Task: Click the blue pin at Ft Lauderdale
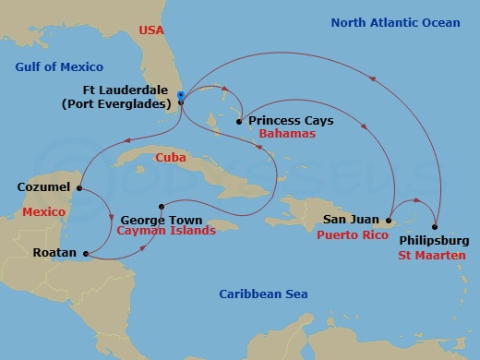(x=181, y=96)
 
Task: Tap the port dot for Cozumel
(x=79, y=188)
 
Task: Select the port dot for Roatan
(x=85, y=253)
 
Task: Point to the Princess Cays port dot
(x=239, y=121)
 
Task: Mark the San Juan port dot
(x=390, y=221)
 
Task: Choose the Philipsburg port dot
(x=436, y=226)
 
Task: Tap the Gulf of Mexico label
(x=59, y=66)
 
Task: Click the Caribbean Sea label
(x=263, y=294)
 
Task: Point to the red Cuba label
(x=171, y=156)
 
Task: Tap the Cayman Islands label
(x=166, y=231)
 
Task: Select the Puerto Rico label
(x=353, y=234)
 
